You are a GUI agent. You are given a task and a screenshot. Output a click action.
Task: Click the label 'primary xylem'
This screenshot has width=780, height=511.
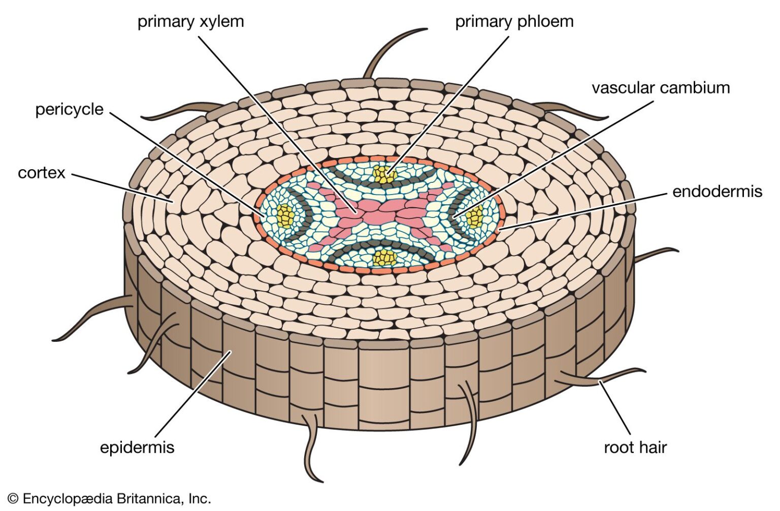190,22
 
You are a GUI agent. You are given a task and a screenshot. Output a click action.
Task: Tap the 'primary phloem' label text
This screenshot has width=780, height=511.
514,22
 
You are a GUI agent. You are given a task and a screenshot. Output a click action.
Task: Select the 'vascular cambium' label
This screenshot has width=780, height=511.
660,88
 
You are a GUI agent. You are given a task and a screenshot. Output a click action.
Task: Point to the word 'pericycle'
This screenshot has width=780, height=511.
69,109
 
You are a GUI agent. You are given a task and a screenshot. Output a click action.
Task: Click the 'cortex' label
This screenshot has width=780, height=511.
42,173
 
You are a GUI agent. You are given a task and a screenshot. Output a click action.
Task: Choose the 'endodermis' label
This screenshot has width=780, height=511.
717,191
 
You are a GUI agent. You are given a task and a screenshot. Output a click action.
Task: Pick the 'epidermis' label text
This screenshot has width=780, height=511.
137,448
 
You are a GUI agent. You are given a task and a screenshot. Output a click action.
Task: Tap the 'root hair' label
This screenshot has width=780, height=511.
635,448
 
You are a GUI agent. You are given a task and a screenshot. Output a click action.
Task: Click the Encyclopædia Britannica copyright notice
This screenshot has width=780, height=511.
109,499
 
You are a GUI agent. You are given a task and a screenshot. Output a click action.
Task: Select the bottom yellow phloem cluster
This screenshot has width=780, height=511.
384,258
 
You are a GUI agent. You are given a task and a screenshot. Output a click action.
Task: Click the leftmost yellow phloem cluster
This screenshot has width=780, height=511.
285,215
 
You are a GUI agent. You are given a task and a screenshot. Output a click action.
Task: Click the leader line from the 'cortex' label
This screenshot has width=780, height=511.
122,187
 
